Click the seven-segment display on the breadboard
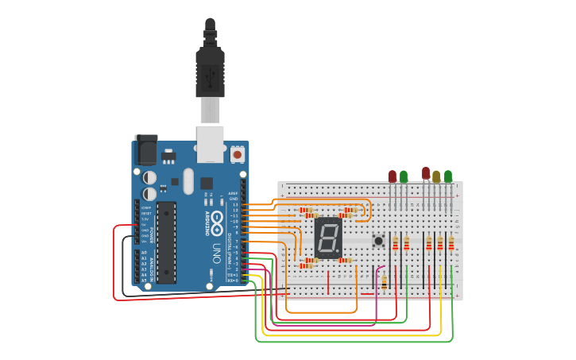point(328,237)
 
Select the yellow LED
point(436,176)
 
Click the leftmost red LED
point(392,176)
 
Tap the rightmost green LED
point(448,176)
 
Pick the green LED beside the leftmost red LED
point(404,176)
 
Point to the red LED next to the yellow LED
point(426,173)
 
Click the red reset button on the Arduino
point(238,154)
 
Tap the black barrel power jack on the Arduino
point(145,150)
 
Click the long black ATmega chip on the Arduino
point(166,242)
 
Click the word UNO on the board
point(216,254)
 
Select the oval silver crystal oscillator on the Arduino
point(187,180)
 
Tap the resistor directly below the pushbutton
point(385,281)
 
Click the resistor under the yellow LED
point(440,243)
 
